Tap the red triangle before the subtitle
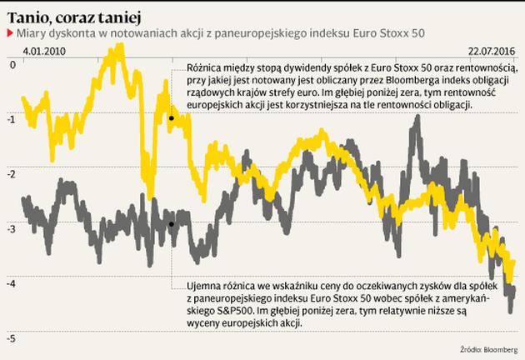pyautogui.click(x=9, y=33)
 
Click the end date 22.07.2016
pyautogui.click(x=492, y=51)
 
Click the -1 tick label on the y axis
pyautogui.click(x=12, y=118)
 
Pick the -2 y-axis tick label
pyautogui.click(x=12, y=173)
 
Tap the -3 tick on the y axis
pyautogui.click(x=12, y=228)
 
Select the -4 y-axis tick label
pyautogui.click(x=12, y=283)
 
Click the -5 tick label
pyautogui.click(x=12, y=338)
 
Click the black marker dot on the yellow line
pyautogui.click(x=171, y=118)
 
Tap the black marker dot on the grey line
pyautogui.click(x=171, y=224)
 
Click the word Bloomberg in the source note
pyautogui.click(x=499, y=348)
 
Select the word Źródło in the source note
pyautogui.click(x=470, y=348)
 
